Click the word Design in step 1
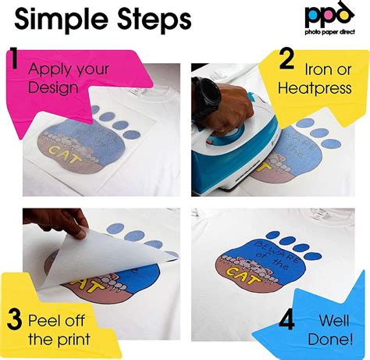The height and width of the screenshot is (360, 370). pyautogui.click(x=52, y=87)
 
